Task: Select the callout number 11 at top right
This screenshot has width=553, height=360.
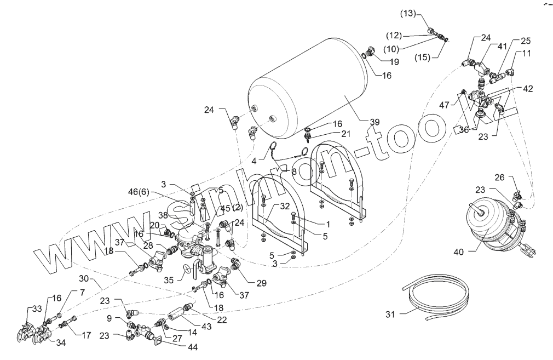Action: tap(526, 54)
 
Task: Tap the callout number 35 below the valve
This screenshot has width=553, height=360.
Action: tap(169, 279)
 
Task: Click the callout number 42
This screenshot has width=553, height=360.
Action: tap(527, 88)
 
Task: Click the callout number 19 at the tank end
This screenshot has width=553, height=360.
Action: tap(394, 62)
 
